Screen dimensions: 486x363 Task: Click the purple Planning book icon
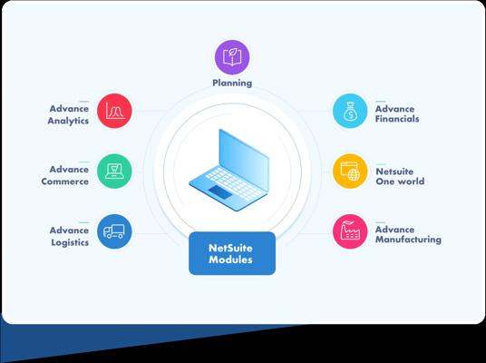click(232, 57)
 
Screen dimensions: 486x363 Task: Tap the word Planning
click(232, 83)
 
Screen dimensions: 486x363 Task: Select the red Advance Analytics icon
click(114, 111)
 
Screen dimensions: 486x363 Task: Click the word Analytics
click(68, 121)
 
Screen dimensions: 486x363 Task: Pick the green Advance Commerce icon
click(114, 171)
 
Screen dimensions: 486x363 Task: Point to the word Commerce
click(65, 181)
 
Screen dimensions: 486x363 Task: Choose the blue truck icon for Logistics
click(114, 231)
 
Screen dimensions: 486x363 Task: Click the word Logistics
click(70, 242)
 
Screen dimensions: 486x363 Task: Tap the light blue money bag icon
click(350, 111)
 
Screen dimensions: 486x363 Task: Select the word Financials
click(397, 119)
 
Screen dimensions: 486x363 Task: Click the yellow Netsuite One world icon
click(350, 171)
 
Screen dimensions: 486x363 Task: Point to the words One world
click(400, 181)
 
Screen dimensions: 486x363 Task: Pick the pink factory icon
click(350, 231)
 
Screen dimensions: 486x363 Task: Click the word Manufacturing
click(408, 240)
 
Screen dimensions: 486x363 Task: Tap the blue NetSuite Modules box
click(232, 253)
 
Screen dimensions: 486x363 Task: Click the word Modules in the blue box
click(230, 260)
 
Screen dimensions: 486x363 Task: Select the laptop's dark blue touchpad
click(220, 192)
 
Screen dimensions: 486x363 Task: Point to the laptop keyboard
click(234, 183)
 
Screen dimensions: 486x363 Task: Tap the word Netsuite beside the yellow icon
click(394, 172)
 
